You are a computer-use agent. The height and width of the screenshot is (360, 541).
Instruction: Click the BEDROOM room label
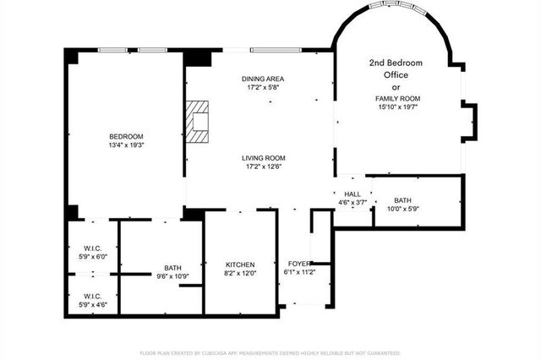tap(126, 137)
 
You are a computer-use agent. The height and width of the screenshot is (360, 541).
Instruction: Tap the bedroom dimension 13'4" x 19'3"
tap(126, 145)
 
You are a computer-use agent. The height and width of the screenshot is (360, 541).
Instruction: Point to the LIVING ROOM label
tap(263, 157)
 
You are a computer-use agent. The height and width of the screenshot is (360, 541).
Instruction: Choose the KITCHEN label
tap(239, 265)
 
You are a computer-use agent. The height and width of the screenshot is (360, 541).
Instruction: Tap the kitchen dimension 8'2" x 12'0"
tap(239, 274)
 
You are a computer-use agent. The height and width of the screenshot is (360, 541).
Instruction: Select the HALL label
tap(352, 194)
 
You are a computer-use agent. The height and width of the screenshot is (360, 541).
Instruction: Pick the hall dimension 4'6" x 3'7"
tap(352, 203)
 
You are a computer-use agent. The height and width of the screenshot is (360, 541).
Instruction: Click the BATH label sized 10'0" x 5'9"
tap(402, 200)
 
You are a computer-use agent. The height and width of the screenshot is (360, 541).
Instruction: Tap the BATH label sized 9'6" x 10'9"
tap(172, 269)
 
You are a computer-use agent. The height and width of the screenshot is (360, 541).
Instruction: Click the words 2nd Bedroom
tap(396, 63)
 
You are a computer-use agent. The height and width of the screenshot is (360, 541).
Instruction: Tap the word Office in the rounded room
tap(396, 75)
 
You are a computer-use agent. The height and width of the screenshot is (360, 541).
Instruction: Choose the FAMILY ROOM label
tap(398, 99)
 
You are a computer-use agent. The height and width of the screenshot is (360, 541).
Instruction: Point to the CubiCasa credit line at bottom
tap(270, 352)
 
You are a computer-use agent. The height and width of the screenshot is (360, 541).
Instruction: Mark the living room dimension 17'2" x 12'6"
tap(263, 166)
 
